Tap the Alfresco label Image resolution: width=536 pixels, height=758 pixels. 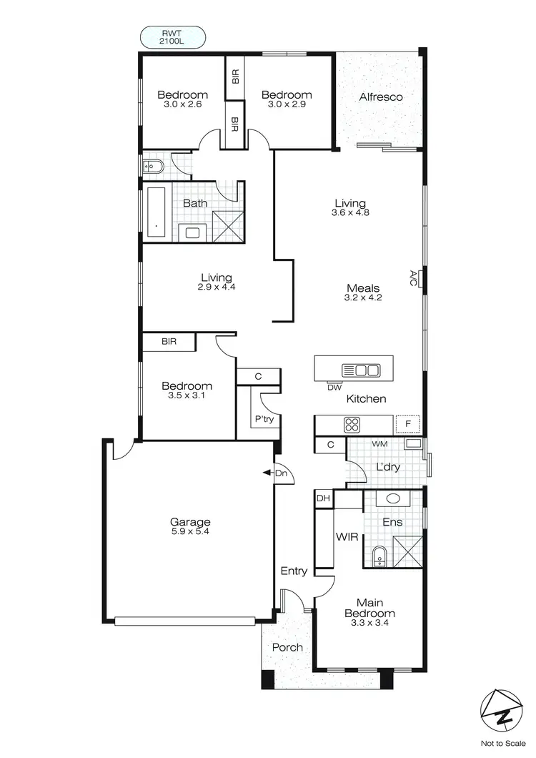click(381, 97)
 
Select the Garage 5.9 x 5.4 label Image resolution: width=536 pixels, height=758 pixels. click(189, 526)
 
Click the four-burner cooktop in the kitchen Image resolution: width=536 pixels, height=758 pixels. click(352, 424)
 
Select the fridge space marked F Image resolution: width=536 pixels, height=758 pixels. click(408, 424)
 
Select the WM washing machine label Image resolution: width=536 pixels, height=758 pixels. click(379, 444)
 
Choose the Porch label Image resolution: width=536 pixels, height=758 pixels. click(287, 647)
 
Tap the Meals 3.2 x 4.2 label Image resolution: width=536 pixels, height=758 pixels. click(363, 293)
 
